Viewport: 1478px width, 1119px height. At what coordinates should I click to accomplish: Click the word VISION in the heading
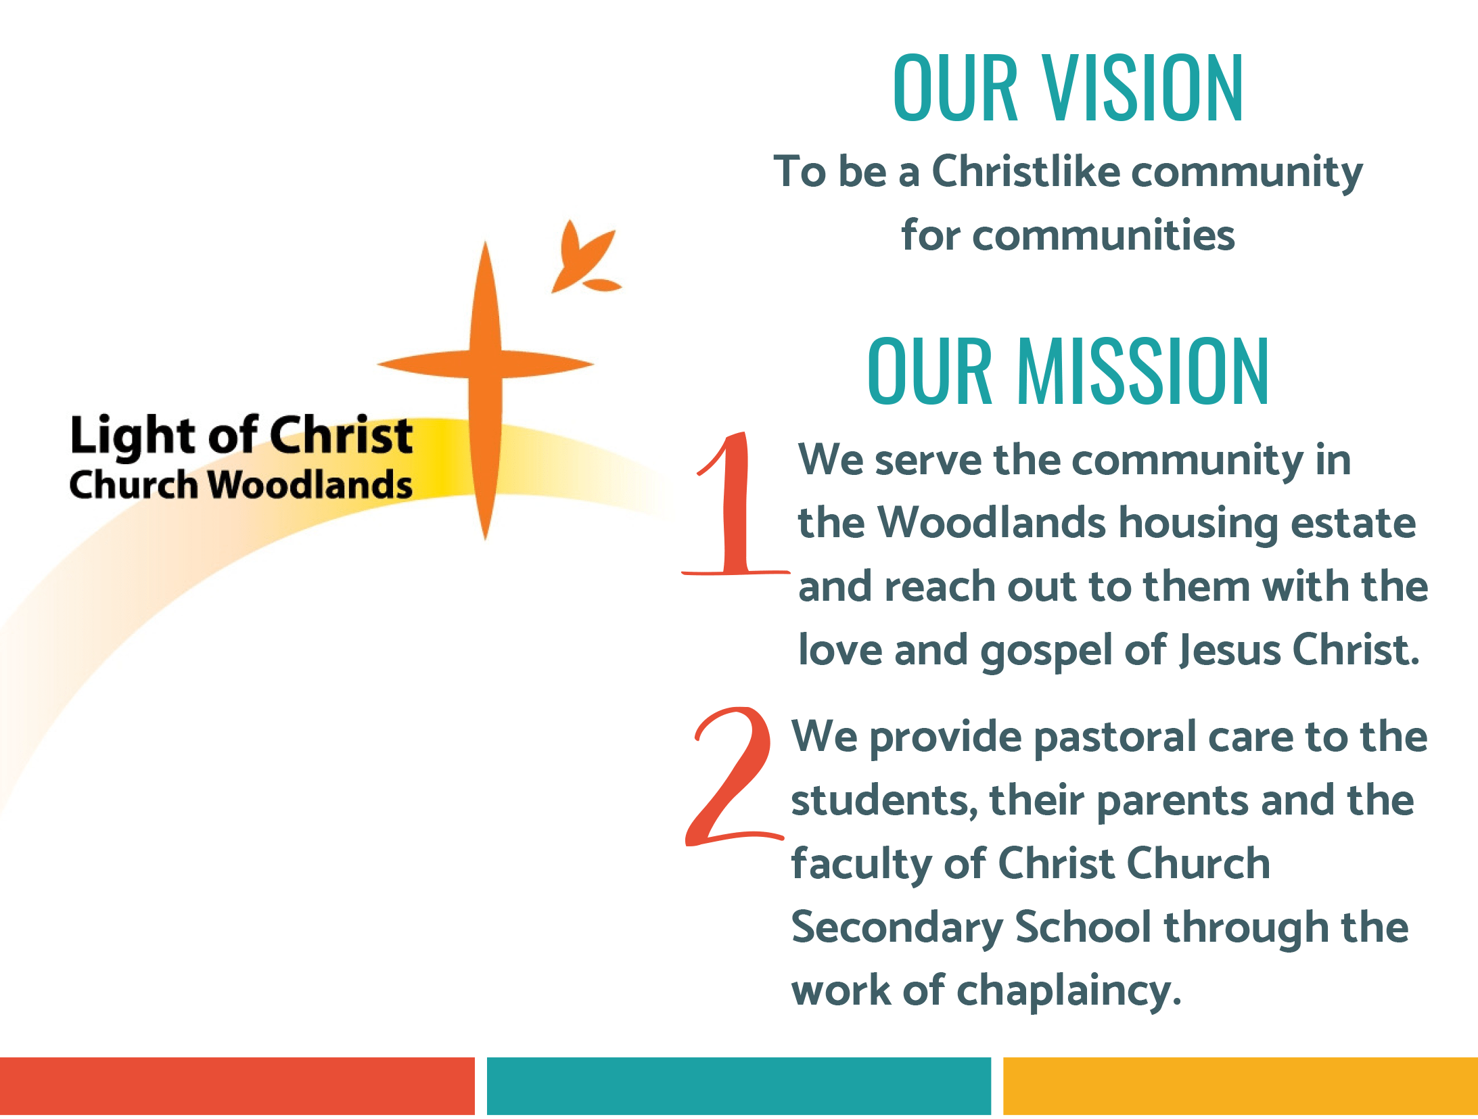click(1142, 88)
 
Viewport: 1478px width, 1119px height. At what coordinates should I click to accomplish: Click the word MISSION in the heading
click(1143, 371)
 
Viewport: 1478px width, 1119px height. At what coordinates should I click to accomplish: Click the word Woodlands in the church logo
click(310, 485)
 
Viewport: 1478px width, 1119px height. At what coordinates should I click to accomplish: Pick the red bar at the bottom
click(237, 1085)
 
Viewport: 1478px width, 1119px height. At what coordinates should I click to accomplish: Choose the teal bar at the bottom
click(739, 1085)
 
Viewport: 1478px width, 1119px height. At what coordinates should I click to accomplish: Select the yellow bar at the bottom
click(1241, 1085)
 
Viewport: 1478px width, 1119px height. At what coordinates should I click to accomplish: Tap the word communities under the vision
click(1105, 235)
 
